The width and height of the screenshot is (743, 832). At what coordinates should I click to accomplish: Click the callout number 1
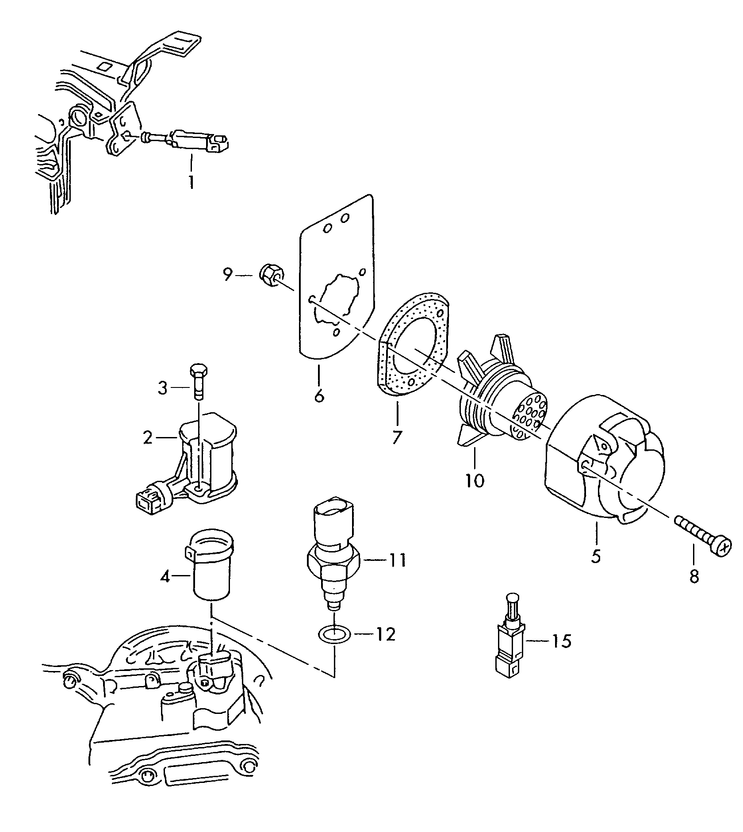pyautogui.click(x=191, y=182)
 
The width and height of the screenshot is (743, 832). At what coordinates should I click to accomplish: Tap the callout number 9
pyautogui.click(x=227, y=276)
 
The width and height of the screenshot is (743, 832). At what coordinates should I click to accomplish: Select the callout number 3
pyautogui.click(x=163, y=388)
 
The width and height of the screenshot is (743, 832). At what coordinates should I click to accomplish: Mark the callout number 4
pyautogui.click(x=165, y=577)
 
